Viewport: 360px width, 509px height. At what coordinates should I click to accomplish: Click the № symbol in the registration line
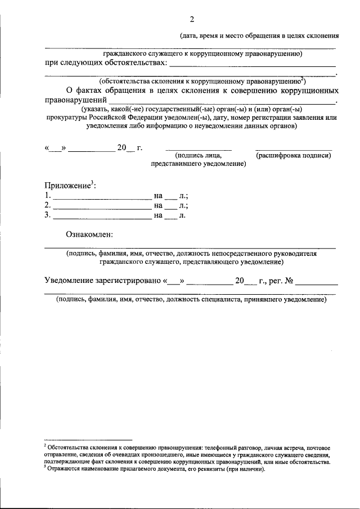click(290, 281)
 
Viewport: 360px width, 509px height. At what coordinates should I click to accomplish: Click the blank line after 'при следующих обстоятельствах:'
click(253, 65)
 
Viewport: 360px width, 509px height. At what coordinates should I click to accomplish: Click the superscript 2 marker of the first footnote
click(46, 445)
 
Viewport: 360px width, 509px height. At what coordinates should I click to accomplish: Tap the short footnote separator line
click(88, 439)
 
